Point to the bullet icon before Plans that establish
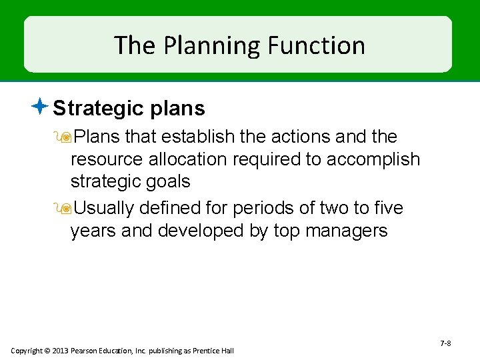65,137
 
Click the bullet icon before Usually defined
65,209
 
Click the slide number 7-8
445,343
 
